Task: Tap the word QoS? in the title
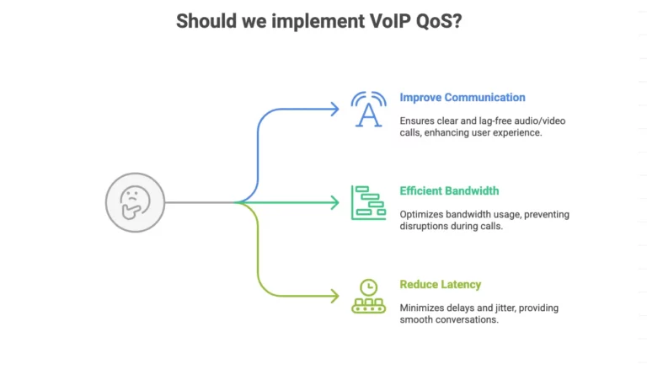[439, 22]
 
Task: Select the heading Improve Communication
[463, 97]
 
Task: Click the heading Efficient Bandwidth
[449, 190]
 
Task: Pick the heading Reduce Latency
[441, 284]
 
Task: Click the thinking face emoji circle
[134, 202]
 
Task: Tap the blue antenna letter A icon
[368, 109]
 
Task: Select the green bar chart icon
[368, 202]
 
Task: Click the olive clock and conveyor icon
[368, 296]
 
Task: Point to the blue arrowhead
[334, 109]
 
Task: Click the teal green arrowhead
[334, 202]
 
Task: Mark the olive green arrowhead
[334, 296]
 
